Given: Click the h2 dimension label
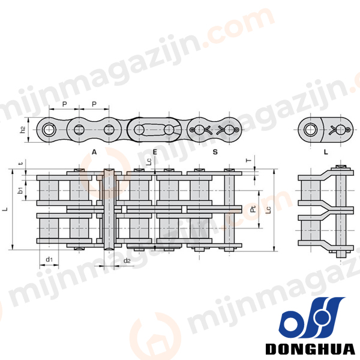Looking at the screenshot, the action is coord(23,130).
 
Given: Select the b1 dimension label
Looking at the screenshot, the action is coord(20,190).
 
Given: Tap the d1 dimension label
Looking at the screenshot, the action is coord(49,259).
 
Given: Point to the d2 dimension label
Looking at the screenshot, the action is coord(127,260).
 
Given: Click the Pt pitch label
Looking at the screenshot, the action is coord(253,209).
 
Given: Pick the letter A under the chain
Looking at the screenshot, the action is coord(94,152).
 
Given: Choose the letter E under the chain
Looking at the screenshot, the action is coord(155,152).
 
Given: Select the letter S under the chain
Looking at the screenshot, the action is coord(215,152).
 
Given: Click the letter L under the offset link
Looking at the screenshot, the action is coord(326,152).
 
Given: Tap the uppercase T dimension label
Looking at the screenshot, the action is coord(249,160).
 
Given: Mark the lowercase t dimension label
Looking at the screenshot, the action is coord(21,163).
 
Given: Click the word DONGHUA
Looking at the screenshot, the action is coord(310,349).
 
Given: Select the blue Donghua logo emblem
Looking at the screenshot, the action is coord(311,317).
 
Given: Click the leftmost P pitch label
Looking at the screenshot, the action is coord(65,104).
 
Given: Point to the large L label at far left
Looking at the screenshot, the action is coord(6,209).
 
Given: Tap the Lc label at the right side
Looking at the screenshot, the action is coord(268,210).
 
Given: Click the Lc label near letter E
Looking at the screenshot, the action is coord(149,161).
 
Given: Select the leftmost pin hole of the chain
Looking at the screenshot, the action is coord(49,130).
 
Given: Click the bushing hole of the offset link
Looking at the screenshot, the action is coord(311,130).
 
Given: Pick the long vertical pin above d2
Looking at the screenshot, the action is coord(109,209).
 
